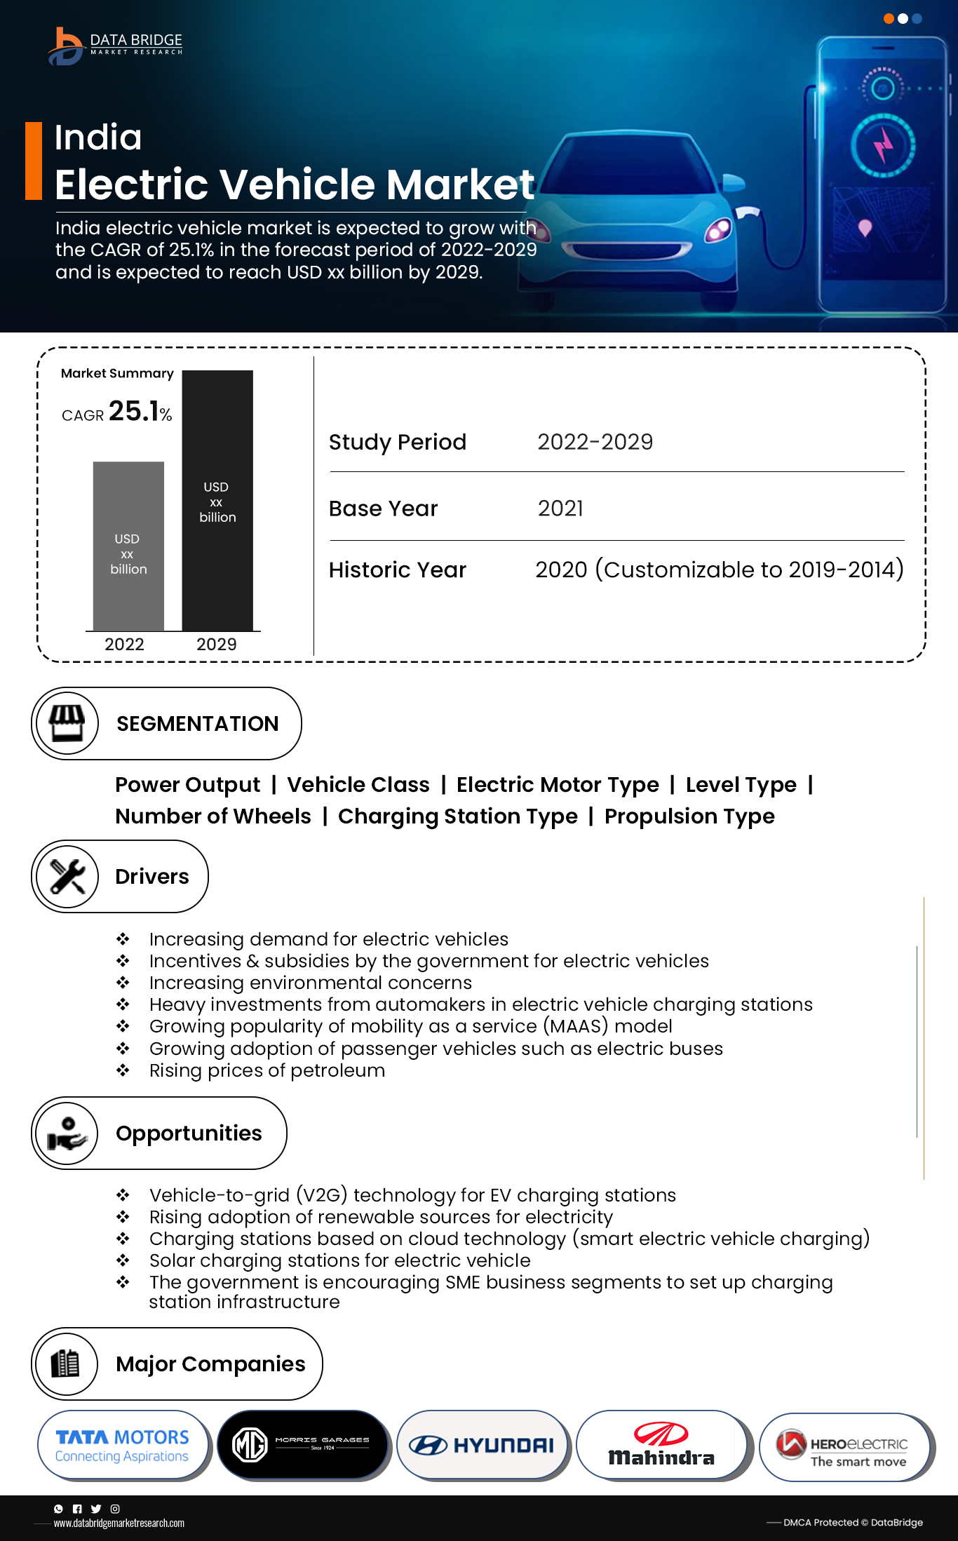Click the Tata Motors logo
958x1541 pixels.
point(122,1446)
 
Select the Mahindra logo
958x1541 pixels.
point(661,1446)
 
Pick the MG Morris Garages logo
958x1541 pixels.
point(302,1445)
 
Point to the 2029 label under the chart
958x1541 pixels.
point(216,644)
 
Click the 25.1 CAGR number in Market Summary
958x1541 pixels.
point(134,411)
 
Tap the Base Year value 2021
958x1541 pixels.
point(560,509)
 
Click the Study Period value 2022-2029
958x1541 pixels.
point(595,442)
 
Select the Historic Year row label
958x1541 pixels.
point(398,570)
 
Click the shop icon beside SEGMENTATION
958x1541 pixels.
point(67,723)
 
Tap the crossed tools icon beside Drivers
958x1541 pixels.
point(67,876)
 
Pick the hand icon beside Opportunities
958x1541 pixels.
point(67,1133)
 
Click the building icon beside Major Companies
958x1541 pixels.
point(66,1364)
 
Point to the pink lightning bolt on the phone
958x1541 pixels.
point(883,147)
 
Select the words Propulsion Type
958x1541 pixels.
point(689,816)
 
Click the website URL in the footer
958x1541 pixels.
point(119,1523)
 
